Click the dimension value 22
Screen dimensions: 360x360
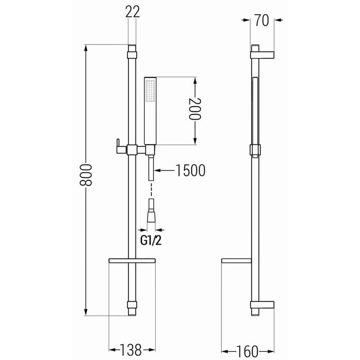point(132,12)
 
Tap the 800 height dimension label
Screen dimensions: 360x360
point(85,175)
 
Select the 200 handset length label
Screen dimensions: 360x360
point(195,109)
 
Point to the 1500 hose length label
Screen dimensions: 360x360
point(190,171)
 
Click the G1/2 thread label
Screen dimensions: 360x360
point(151,241)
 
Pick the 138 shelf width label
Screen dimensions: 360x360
point(130,350)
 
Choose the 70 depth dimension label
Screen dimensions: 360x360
point(261,20)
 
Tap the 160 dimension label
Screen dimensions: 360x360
point(247,351)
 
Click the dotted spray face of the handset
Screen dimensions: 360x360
point(150,90)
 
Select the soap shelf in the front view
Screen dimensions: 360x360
point(132,261)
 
